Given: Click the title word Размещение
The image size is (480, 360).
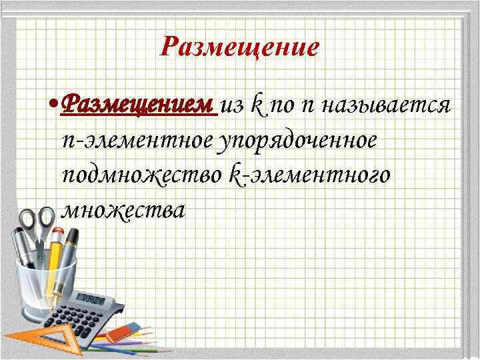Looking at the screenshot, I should [241, 47].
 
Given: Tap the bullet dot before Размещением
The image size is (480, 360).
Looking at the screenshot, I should [53, 105].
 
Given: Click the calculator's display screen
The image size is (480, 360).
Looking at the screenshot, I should [93, 298].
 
